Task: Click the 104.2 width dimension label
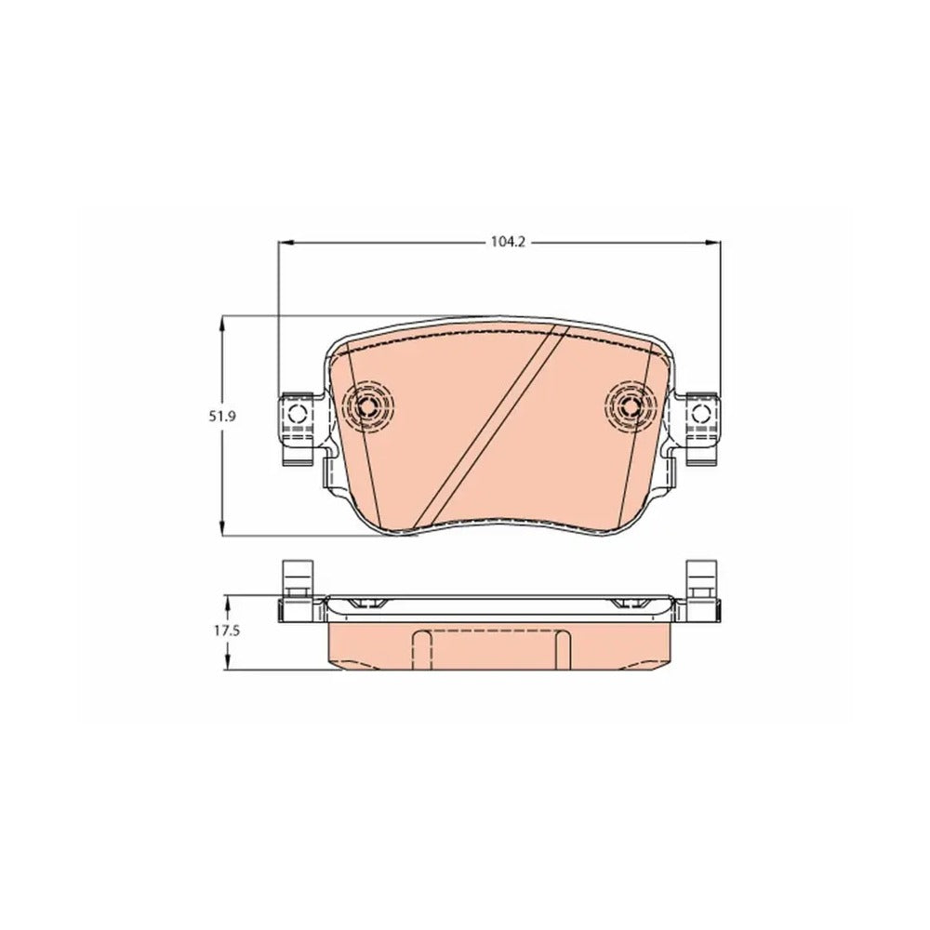(x=509, y=242)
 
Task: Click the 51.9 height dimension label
(x=222, y=417)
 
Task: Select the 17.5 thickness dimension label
(x=227, y=631)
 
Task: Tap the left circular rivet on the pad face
(x=367, y=407)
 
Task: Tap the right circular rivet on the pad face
(x=631, y=407)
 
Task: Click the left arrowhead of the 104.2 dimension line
(x=286, y=242)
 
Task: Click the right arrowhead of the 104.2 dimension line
(x=713, y=242)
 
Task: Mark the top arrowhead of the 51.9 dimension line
(x=222, y=325)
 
